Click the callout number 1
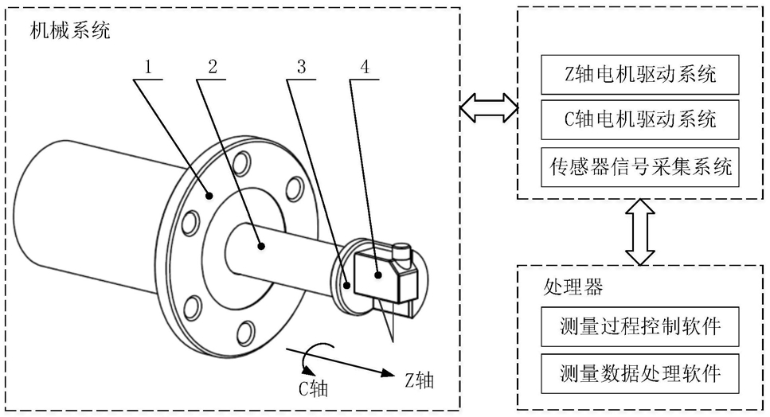[148, 66]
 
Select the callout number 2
[212, 66]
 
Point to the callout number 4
[365, 66]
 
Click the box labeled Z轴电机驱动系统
[640, 75]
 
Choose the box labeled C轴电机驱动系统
[640, 119]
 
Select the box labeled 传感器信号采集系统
[640, 167]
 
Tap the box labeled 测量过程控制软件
[640, 326]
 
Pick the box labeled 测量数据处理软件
[640, 373]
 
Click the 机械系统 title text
[70, 30]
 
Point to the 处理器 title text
[573, 286]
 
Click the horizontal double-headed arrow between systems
[489, 107]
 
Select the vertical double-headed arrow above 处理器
[640, 232]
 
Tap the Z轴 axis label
[419, 380]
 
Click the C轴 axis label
[313, 388]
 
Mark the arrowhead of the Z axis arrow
[389, 374]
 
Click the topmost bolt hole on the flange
[241, 163]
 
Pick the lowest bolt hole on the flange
[245, 333]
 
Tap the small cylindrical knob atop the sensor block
[403, 251]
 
